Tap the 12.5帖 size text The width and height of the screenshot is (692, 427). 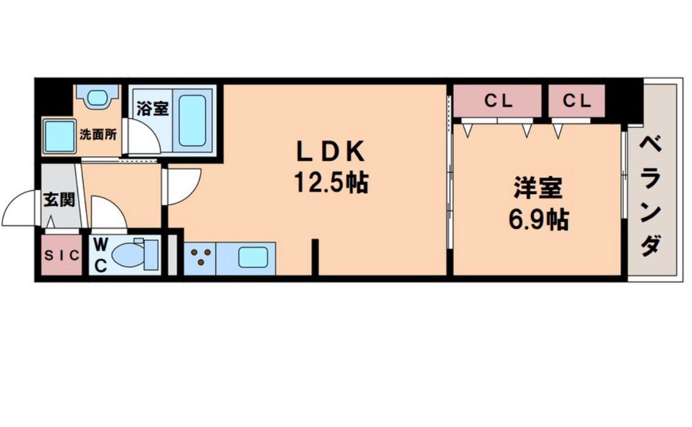tap(331, 181)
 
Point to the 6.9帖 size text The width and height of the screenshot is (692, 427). tap(538, 219)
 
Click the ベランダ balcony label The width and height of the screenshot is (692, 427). tap(651, 196)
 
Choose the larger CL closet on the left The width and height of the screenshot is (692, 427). tap(498, 101)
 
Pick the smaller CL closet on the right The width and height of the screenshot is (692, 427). tap(577, 101)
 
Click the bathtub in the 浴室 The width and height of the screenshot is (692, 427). tap(192, 120)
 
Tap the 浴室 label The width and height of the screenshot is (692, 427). tap(152, 109)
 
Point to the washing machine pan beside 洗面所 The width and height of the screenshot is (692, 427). tap(60, 136)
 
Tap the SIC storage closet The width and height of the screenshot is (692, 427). tap(61, 256)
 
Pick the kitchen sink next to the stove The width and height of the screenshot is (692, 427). tap(253, 257)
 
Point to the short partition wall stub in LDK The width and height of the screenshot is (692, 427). tap(315, 256)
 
